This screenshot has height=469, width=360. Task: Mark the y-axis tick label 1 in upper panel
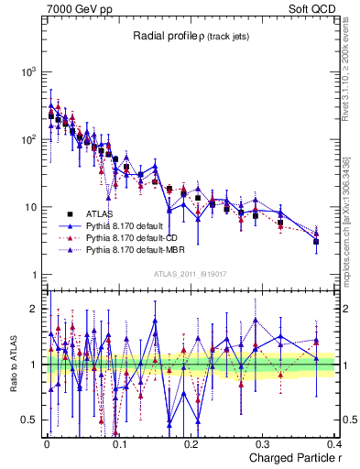coord(33,275)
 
